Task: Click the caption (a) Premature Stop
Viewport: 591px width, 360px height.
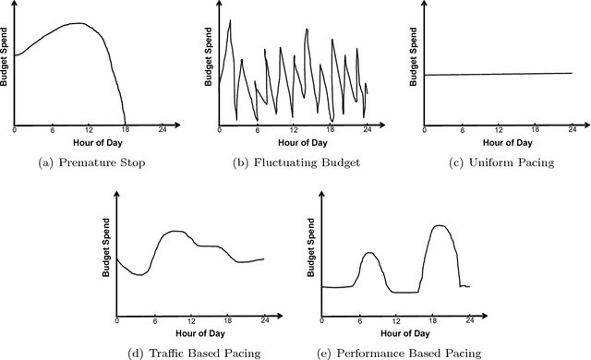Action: click(89, 162)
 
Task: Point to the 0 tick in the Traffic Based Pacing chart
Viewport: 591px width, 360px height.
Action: click(117, 320)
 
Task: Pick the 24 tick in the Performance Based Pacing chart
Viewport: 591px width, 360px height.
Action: click(469, 320)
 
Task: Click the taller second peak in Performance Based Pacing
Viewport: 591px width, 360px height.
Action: click(442, 226)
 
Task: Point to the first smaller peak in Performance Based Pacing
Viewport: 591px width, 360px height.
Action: click(370, 252)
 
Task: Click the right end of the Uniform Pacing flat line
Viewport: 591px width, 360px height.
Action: click(573, 73)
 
